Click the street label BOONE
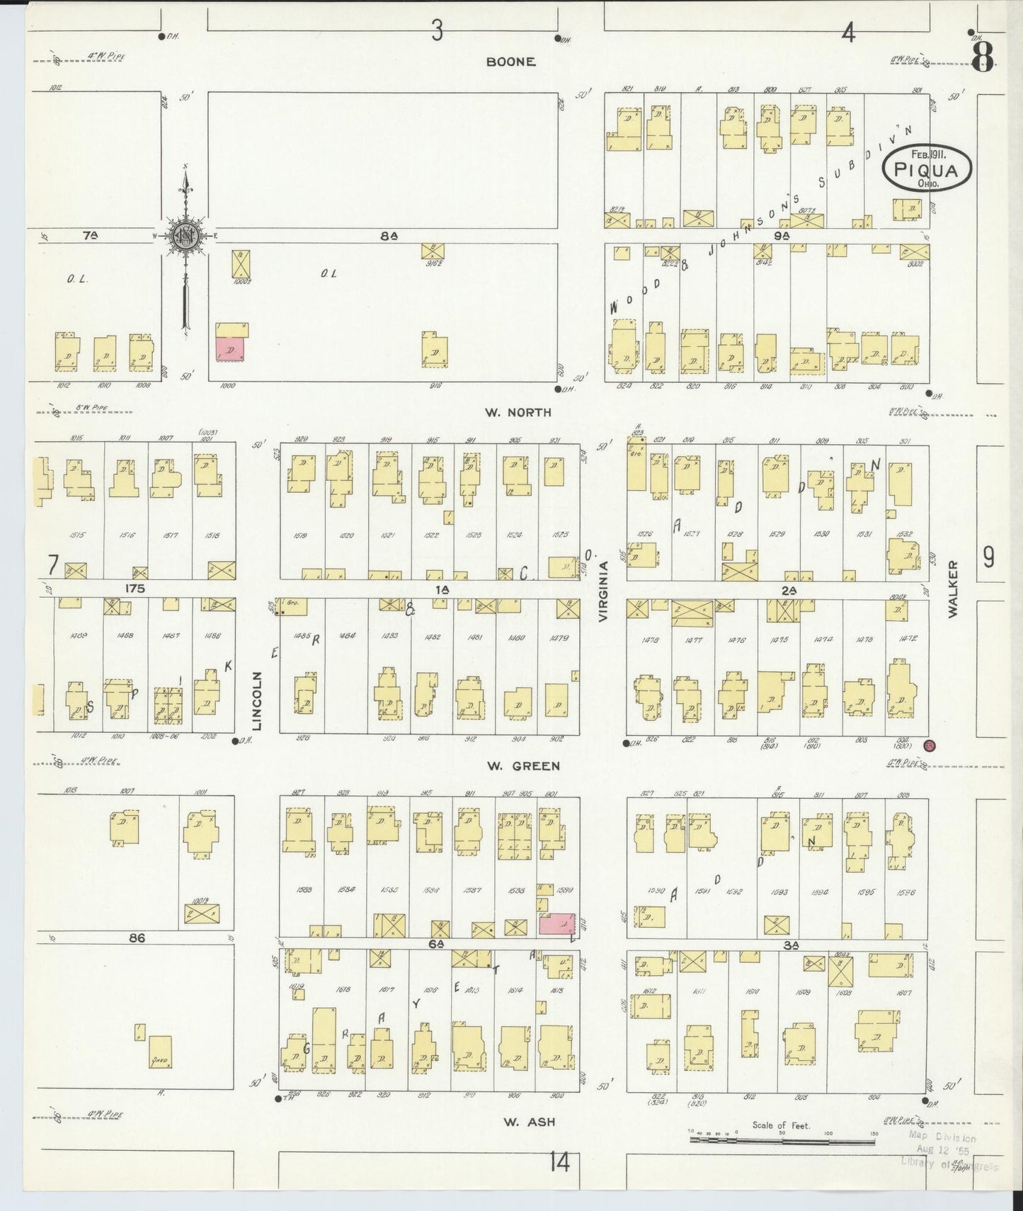coord(510,62)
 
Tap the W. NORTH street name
coord(518,412)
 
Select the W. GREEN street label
coord(523,766)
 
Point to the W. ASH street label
coord(529,1122)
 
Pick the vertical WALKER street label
coord(953,589)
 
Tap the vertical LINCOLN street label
coord(257,700)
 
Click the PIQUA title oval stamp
coord(926,169)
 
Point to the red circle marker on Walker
coord(930,745)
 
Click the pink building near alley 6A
coord(556,923)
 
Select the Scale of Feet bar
coord(782,1139)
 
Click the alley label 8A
coord(388,237)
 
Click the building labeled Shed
coord(159,1051)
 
